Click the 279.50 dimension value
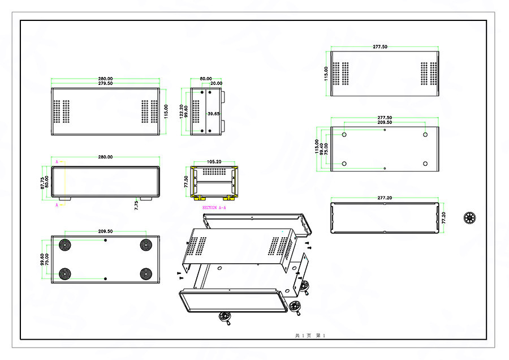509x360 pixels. [105, 84]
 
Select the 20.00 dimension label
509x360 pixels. [216, 84]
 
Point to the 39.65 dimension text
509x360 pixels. [213, 114]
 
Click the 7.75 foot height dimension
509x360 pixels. [136, 205]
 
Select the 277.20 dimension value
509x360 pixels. [384, 198]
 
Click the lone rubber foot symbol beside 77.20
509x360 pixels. [469, 217]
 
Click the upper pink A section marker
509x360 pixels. [57, 161]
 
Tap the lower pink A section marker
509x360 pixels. [57, 205]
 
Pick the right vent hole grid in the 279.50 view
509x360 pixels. [149, 112]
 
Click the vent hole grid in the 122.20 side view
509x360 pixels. [196, 112]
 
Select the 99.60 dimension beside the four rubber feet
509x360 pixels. [42, 260]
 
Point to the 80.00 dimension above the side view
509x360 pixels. [205, 79]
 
